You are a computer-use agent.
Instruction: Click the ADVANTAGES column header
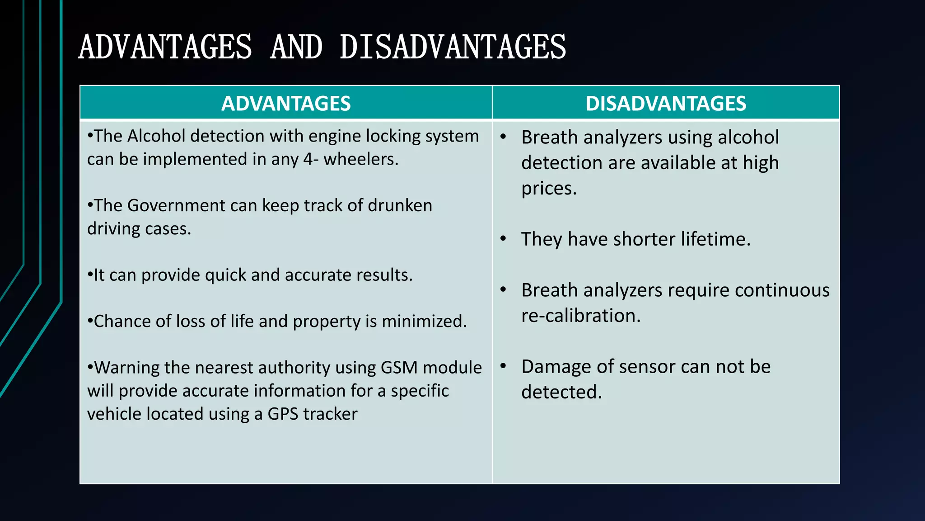click(x=286, y=104)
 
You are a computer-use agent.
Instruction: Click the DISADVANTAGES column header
click(x=666, y=104)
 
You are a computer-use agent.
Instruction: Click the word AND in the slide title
click(x=296, y=47)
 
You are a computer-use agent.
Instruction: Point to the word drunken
click(x=400, y=206)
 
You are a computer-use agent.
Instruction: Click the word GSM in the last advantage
click(x=399, y=368)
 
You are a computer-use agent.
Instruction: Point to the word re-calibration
click(x=581, y=316)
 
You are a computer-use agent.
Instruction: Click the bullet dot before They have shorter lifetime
click(x=503, y=239)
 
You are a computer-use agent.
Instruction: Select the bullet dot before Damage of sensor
click(x=503, y=366)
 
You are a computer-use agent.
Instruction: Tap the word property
click(x=326, y=322)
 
